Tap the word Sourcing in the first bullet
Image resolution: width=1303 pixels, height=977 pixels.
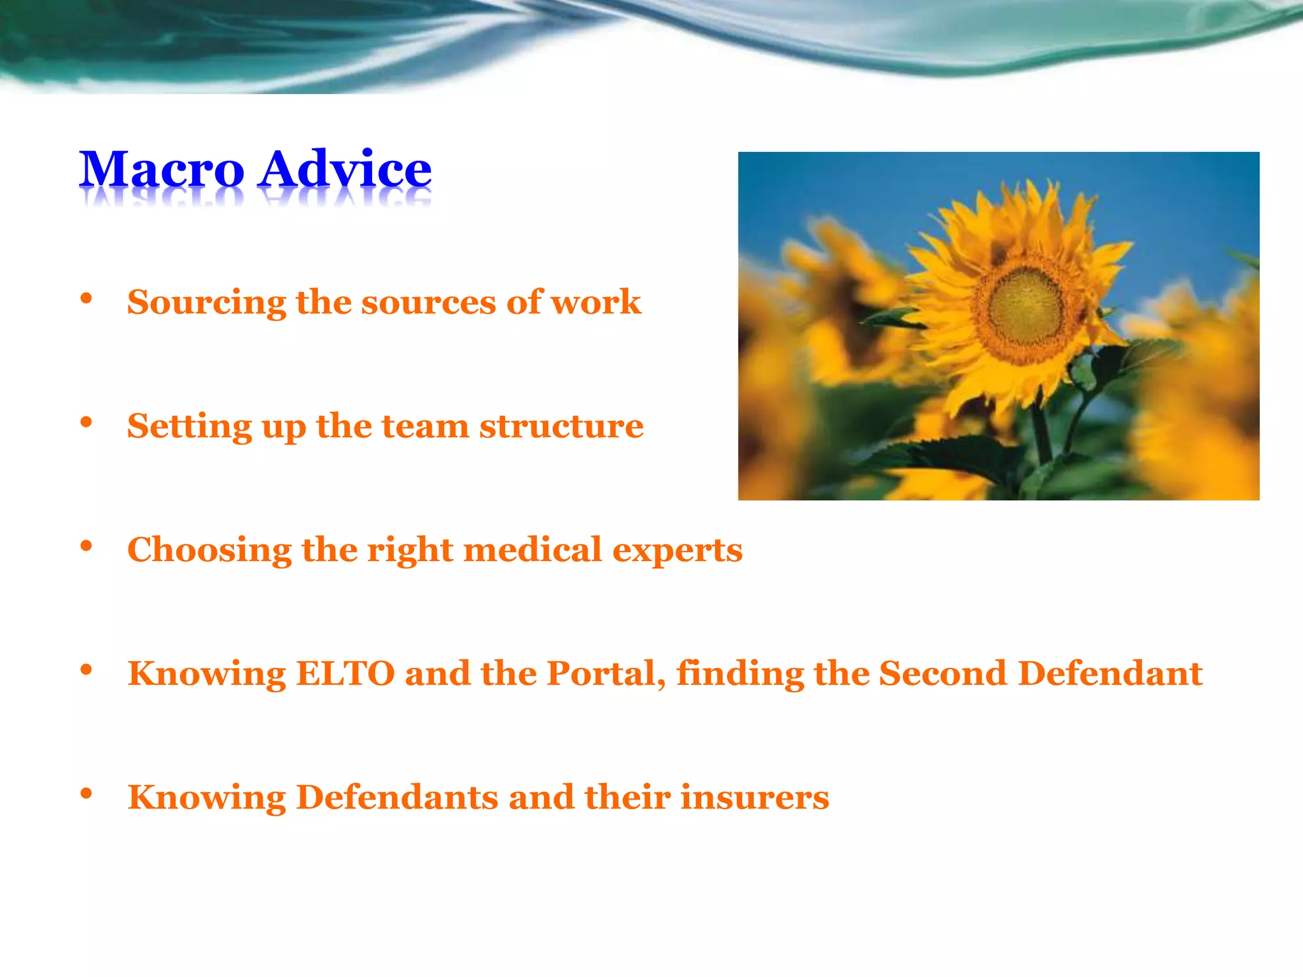click(x=206, y=303)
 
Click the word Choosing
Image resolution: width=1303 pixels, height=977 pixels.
click(x=209, y=550)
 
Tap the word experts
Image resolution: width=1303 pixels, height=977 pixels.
click(x=677, y=551)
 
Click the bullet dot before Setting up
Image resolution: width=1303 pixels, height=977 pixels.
click(x=87, y=422)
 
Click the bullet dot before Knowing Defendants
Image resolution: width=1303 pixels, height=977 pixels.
click(x=87, y=794)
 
